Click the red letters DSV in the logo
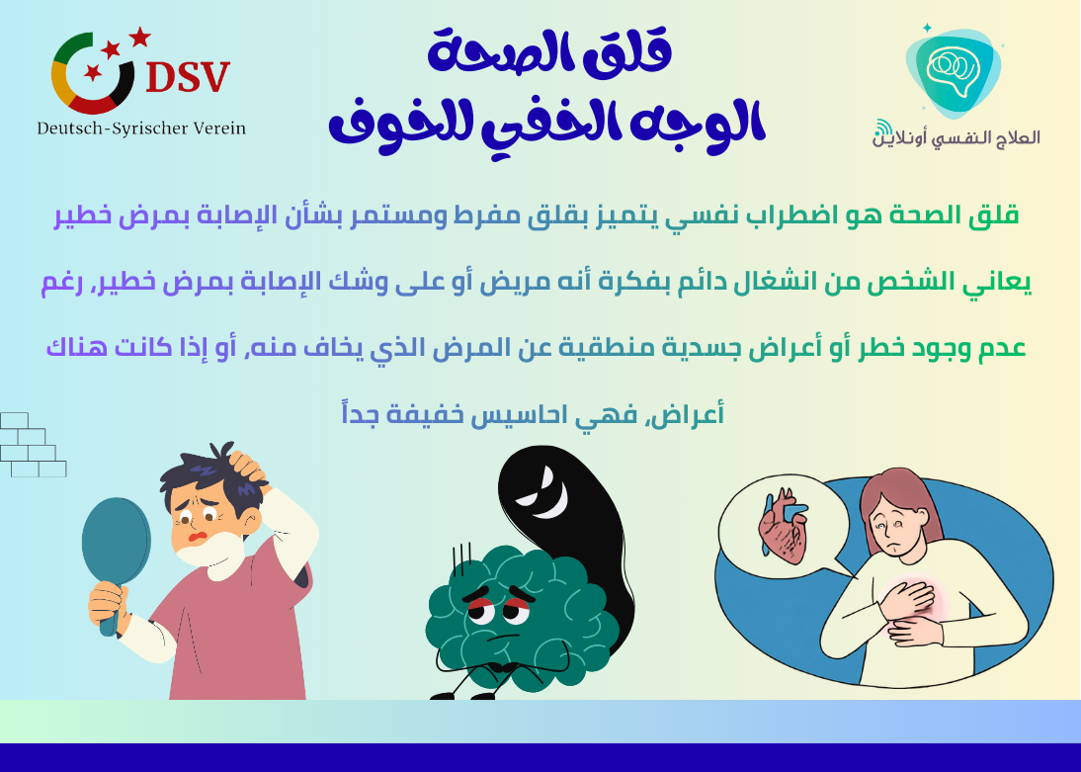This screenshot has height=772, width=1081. (187, 76)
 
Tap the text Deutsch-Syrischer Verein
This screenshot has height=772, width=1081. (141, 129)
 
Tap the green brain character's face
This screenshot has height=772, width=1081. (499, 613)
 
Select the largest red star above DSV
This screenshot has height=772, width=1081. (139, 38)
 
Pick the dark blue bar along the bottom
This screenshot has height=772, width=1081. (540, 757)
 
